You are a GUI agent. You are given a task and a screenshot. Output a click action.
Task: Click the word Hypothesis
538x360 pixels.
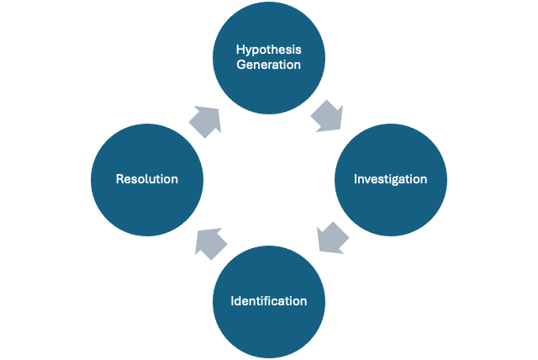click(268, 49)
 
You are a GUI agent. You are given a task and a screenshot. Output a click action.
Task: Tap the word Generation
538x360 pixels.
click(268, 65)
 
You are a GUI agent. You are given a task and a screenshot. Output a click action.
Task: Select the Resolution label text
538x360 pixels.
click(147, 179)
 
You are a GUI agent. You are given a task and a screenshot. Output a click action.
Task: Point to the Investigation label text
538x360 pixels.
click(390, 179)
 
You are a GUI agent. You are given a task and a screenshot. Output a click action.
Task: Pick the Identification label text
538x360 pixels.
click(269, 300)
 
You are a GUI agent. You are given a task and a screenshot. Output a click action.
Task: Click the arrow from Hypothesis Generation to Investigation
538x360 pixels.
click(329, 117)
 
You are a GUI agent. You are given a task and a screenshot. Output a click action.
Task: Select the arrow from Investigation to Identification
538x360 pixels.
click(332, 238)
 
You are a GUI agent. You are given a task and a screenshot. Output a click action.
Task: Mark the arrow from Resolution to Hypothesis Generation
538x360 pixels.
click(206, 120)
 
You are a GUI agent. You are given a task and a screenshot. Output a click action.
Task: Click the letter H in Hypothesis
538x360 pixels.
click(238, 49)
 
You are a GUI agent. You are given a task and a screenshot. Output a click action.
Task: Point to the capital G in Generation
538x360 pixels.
click(240, 65)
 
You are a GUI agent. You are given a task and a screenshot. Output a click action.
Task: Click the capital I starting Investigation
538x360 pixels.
click(356, 179)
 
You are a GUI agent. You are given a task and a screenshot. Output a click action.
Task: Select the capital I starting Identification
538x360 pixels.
click(233, 300)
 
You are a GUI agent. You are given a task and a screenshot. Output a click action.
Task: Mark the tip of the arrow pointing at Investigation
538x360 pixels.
click(341, 130)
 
